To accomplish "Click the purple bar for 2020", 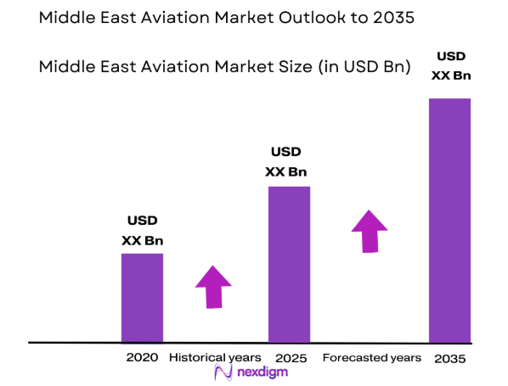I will (x=142, y=297).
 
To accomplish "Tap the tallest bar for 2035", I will (x=449, y=220).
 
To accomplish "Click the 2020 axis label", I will (x=142, y=358).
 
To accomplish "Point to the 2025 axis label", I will (x=291, y=358).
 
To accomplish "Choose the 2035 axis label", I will (x=449, y=358).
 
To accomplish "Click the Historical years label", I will (x=210, y=357).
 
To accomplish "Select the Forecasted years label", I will (x=372, y=357).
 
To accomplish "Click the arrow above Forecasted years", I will (x=369, y=230).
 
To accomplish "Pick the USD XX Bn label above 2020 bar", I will (x=142, y=231).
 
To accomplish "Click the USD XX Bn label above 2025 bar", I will (x=286, y=162).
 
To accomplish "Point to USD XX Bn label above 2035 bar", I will (x=450, y=66).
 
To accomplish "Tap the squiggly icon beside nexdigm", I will (x=224, y=373).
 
